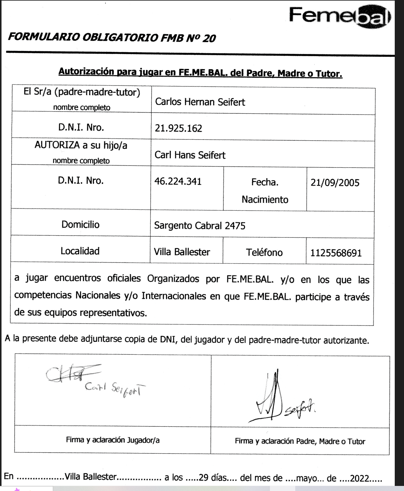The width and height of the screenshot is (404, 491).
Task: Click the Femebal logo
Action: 340,16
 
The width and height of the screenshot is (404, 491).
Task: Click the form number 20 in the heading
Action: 209,38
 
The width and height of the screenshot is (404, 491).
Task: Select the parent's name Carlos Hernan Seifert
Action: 200,102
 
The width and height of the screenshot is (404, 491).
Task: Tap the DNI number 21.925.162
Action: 178,128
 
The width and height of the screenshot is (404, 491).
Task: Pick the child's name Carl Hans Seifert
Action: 190,155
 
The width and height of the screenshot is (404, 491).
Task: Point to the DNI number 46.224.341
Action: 178,181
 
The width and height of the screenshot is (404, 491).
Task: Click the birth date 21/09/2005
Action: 335,183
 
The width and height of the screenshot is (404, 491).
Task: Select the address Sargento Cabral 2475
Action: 200,226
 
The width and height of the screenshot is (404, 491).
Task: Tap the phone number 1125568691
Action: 336,253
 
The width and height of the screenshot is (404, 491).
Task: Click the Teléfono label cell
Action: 264,253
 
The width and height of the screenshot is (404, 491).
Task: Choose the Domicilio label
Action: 80,224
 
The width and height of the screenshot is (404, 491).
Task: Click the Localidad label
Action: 80,251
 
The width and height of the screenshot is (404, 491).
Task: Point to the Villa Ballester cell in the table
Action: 182,252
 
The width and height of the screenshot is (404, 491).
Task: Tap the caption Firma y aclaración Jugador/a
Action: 113,440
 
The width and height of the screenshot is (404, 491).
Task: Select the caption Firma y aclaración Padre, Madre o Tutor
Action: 300,441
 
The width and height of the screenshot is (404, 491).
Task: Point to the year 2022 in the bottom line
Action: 360,478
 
